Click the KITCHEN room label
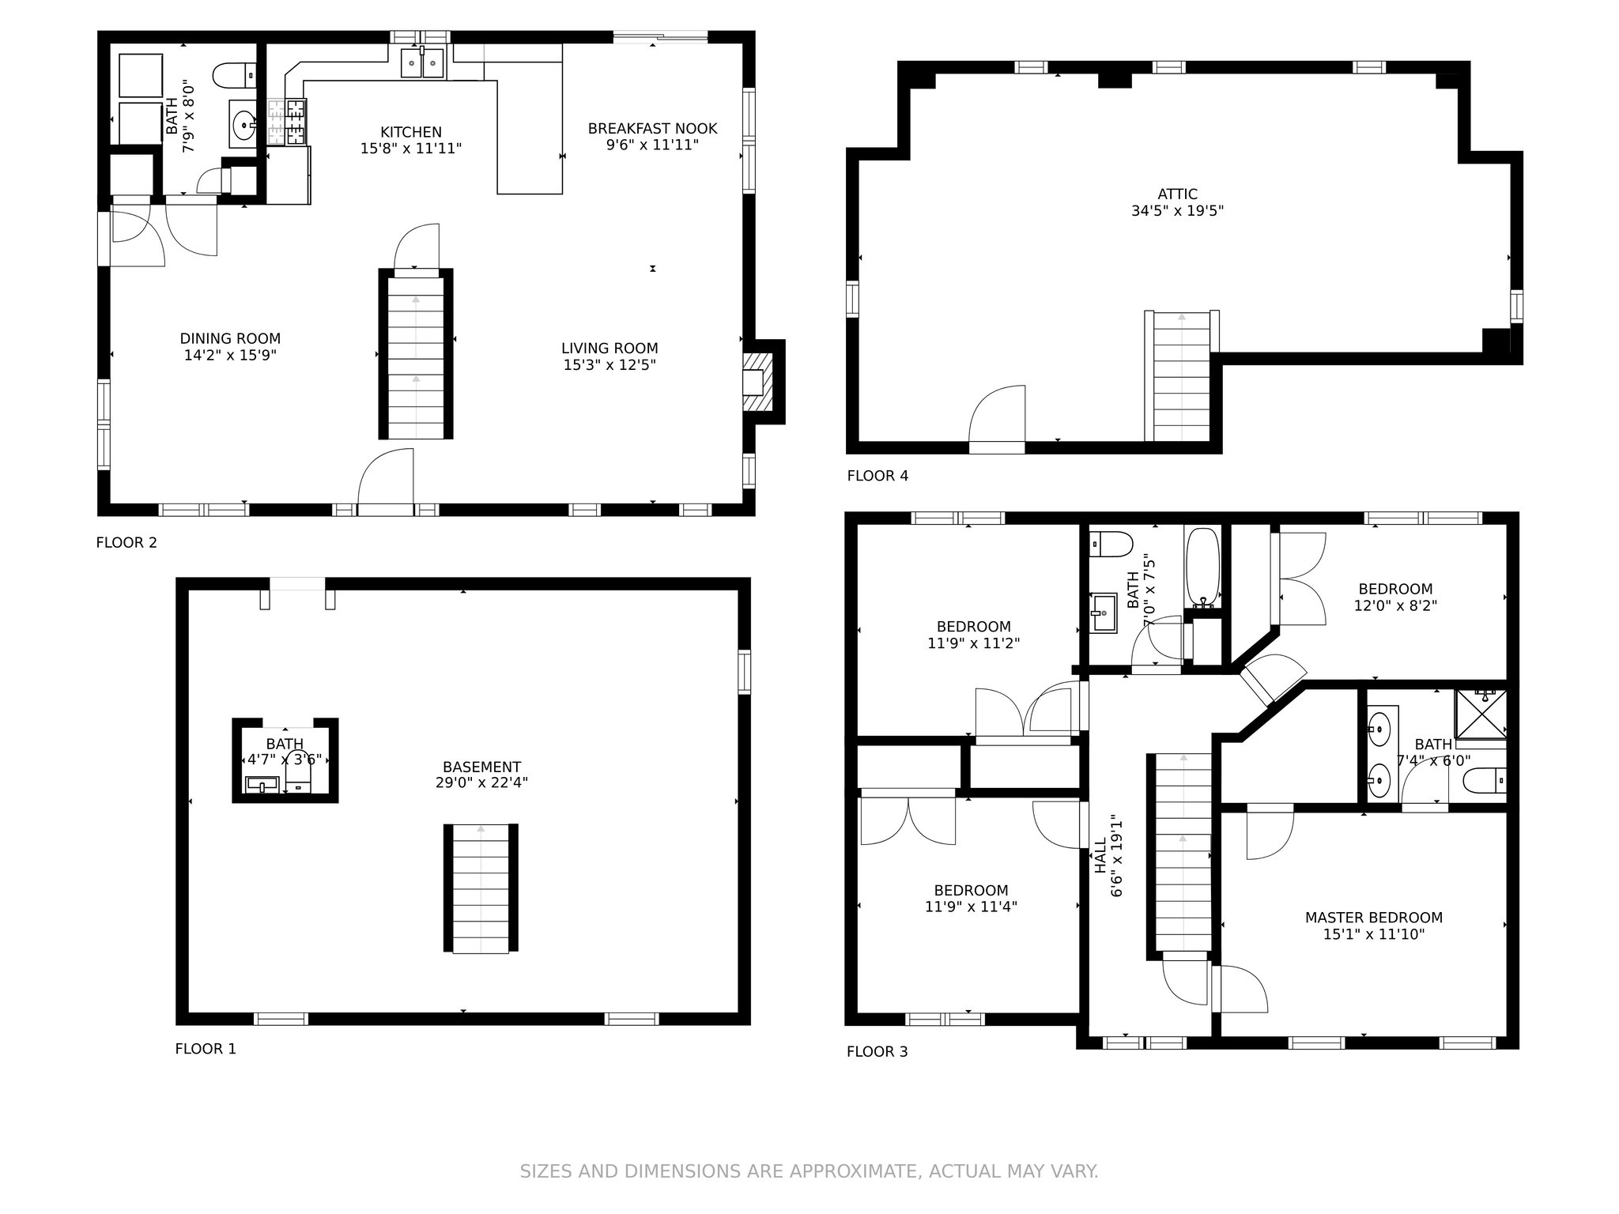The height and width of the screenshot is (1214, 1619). [410, 132]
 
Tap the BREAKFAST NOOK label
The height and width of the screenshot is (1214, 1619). [652, 128]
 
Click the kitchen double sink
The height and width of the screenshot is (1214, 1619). [422, 63]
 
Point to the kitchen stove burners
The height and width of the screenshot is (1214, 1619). [286, 121]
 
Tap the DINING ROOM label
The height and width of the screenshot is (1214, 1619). [230, 338]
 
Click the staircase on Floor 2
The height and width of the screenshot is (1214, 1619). [416, 354]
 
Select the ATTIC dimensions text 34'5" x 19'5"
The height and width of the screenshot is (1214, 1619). [1177, 211]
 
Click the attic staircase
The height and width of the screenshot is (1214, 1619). [1182, 376]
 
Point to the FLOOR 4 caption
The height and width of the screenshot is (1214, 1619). [877, 476]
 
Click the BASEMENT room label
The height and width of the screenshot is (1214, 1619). [481, 767]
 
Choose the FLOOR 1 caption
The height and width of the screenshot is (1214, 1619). [206, 1049]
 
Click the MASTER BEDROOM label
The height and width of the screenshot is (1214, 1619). [1374, 918]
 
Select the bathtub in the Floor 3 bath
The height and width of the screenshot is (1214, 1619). [1202, 567]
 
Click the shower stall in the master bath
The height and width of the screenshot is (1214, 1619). [1481, 714]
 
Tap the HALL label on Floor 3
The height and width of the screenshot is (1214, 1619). [1100, 856]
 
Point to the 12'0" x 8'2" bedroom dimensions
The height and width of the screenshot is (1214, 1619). [1395, 605]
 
